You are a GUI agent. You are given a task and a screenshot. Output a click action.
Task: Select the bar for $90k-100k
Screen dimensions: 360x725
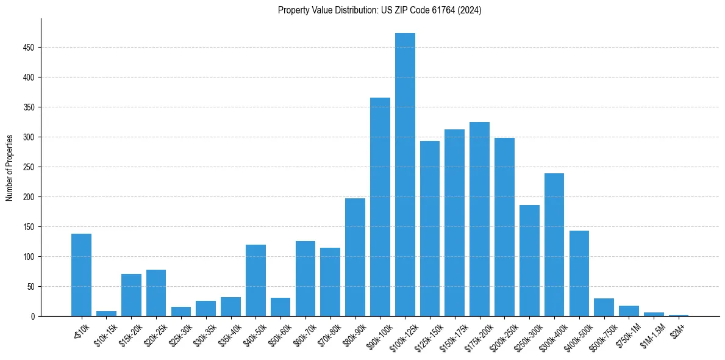pos(380,207)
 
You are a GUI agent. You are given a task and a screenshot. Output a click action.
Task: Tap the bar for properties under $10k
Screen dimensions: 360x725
pos(81,275)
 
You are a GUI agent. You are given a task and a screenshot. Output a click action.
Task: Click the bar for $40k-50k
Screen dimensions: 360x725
pos(255,280)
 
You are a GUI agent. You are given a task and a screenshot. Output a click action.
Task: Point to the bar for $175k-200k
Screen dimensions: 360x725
pos(479,219)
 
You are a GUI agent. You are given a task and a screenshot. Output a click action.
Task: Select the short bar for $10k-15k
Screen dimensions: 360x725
pos(106,314)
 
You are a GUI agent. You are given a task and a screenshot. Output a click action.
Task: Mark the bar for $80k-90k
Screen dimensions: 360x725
pos(355,257)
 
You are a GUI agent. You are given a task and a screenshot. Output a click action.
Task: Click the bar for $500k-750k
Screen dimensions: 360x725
pos(604,307)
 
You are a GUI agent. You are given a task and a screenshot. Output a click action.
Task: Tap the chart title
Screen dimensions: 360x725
pos(379,10)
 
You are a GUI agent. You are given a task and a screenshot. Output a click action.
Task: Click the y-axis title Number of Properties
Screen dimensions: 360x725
pos(10,168)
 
